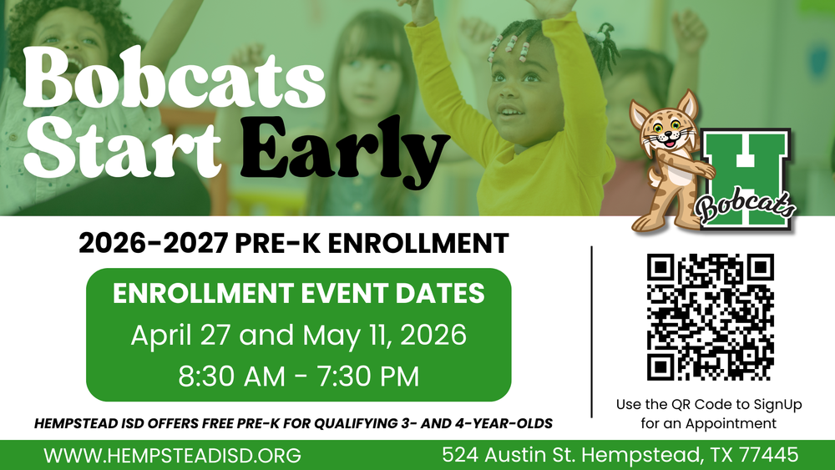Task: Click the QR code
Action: coord(711,316)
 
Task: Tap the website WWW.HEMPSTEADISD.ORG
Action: coord(173,456)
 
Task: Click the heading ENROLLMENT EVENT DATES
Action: coord(298,294)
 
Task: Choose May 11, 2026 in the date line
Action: coord(384,336)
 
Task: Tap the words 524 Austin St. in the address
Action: coord(510,456)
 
